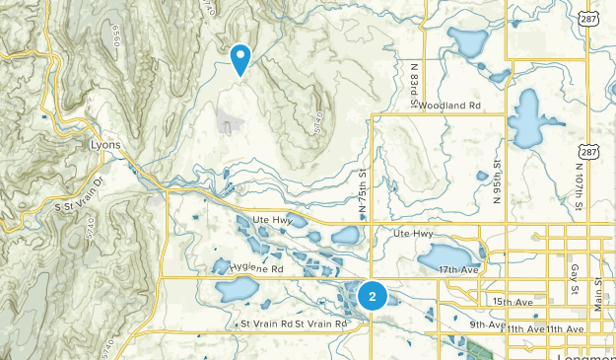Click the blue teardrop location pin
click(240, 58)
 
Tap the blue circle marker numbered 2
click(372, 295)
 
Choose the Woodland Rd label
click(448, 105)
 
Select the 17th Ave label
click(460, 268)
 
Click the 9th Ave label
click(487, 324)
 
